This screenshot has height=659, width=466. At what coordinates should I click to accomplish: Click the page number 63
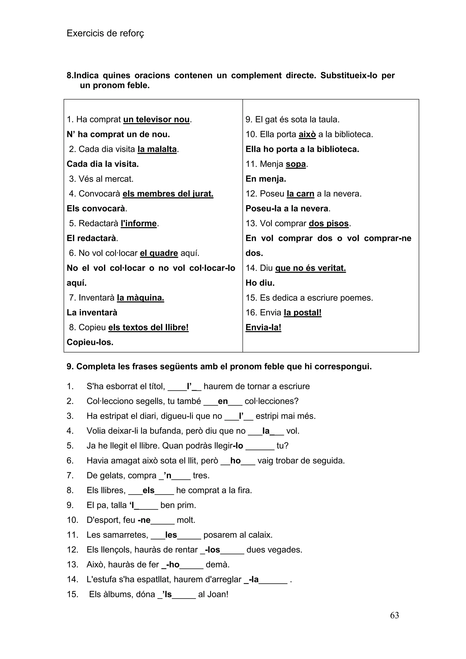pos(394,615)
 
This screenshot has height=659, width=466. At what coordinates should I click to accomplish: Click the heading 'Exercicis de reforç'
pos(105,34)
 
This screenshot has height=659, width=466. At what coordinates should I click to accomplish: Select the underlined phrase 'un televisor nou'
pos(156,119)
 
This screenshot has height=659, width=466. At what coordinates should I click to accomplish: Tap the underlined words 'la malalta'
pos(157,149)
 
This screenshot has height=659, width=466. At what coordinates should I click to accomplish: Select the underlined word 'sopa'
pos(296,164)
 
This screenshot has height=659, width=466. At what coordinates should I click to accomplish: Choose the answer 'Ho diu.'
pos(260,283)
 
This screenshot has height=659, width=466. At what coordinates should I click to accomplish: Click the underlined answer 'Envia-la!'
pos(263,327)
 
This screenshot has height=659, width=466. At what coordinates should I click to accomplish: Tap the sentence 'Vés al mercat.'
pos(106,179)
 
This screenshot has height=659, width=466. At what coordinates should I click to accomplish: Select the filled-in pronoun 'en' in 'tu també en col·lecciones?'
pos(223,401)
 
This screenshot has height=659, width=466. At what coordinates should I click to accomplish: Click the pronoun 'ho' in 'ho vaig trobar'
pos(235,461)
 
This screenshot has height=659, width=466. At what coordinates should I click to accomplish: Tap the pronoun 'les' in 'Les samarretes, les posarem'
pos(171,535)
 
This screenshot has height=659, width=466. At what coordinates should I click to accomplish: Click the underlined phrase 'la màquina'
pos(140,298)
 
